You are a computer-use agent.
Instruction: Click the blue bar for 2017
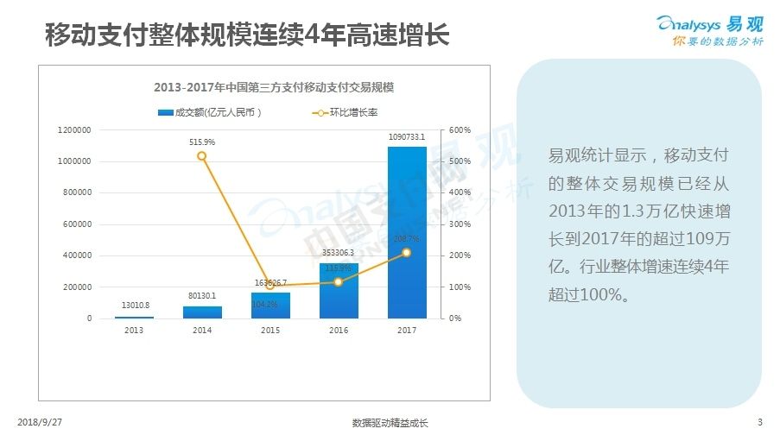tap(406, 233)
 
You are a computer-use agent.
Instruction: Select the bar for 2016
tap(339, 291)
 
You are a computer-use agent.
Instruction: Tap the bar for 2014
tap(202, 312)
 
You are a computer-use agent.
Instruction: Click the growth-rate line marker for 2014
tap(202, 156)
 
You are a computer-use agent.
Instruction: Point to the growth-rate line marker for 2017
tap(406, 253)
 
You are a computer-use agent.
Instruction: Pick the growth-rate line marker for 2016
tap(339, 282)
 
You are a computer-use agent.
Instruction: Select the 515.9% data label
tap(202, 142)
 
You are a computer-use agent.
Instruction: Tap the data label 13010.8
tap(134, 306)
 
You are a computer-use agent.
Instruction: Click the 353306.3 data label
tap(339, 253)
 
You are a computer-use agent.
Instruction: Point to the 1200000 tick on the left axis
tap(74, 130)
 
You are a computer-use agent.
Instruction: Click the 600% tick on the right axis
tap(460, 130)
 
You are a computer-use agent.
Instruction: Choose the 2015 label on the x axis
tap(270, 330)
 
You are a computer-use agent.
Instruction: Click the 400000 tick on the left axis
tap(77, 255)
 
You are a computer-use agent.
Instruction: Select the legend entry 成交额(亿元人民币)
tap(210, 112)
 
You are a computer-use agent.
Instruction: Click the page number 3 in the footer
tap(759, 422)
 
